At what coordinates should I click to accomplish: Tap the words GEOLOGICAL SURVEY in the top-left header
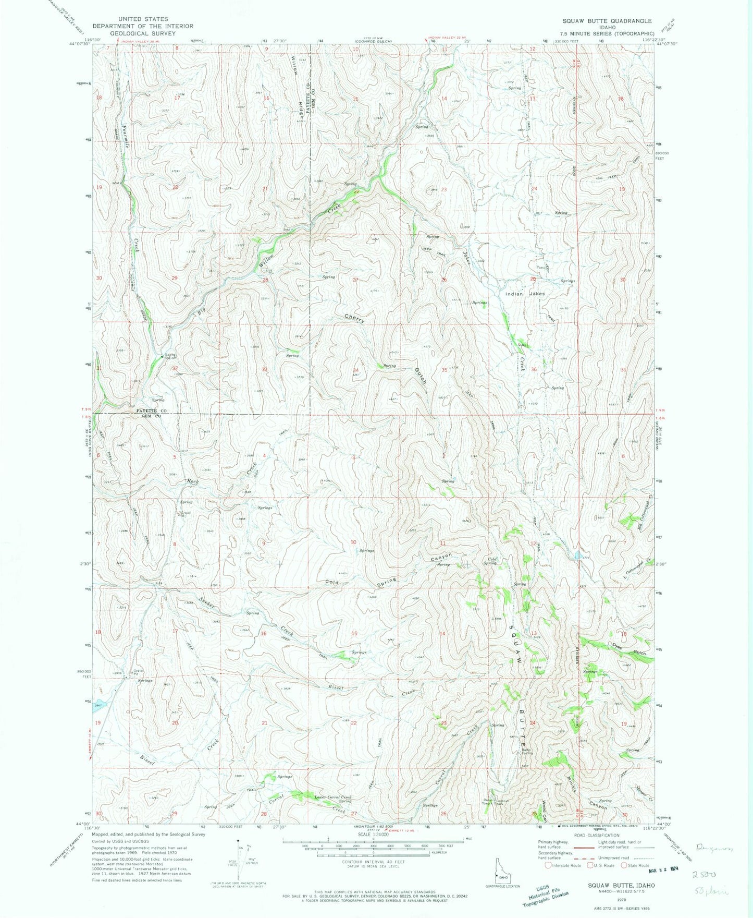[x=143, y=33]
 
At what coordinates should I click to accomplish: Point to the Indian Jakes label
[x=525, y=294]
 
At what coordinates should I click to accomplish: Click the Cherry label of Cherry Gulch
[x=354, y=319]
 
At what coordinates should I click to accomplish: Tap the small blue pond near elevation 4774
[x=577, y=555]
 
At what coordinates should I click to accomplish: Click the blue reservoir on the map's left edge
[x=100, y=705]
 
